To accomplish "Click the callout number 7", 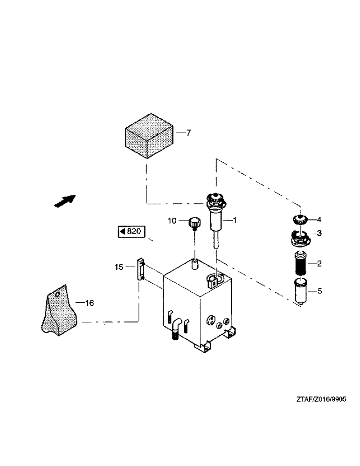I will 189,133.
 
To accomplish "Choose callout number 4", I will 319,219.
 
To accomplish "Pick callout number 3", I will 319,233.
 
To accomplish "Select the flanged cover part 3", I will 299,238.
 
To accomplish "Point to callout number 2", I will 319,264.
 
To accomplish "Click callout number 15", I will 119,267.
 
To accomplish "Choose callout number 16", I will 89,303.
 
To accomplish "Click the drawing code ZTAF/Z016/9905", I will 321,399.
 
